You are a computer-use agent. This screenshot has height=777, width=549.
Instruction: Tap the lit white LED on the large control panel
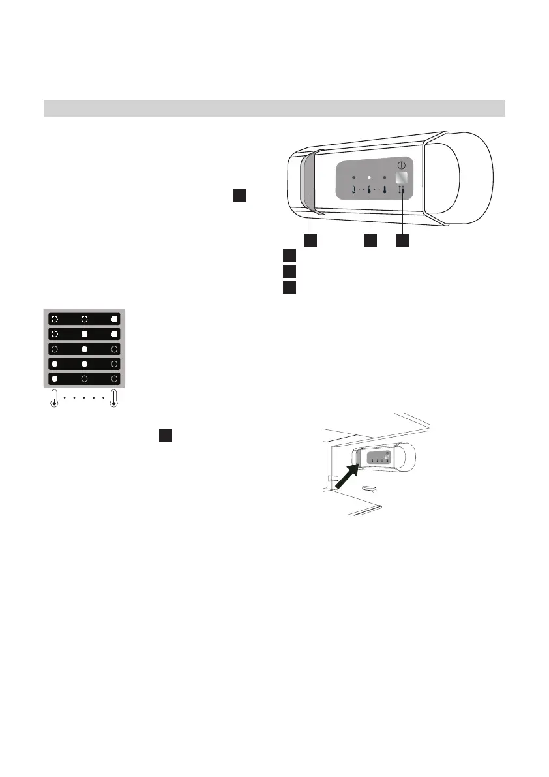[369, 177]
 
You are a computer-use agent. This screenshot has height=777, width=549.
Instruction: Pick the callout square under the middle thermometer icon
[369, 240]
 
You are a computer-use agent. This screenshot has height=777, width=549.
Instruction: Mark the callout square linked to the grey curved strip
[310, 240]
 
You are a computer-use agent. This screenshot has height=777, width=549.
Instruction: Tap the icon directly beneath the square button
[402, 191]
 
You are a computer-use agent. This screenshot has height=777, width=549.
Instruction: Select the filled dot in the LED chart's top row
[114, 319]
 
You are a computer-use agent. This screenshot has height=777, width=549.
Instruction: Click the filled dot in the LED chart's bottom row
[55, 378]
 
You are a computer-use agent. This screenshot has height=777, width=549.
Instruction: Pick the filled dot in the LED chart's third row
[84, 349]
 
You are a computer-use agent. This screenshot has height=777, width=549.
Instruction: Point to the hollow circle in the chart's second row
[55, 334]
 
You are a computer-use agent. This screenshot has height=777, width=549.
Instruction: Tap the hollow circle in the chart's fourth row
[114, 363]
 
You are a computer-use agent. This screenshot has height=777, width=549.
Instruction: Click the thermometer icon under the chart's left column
[54, 399]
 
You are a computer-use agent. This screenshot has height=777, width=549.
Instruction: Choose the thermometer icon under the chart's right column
[114, 399]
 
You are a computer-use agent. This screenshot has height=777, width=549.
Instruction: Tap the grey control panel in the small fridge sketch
[379, 457]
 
